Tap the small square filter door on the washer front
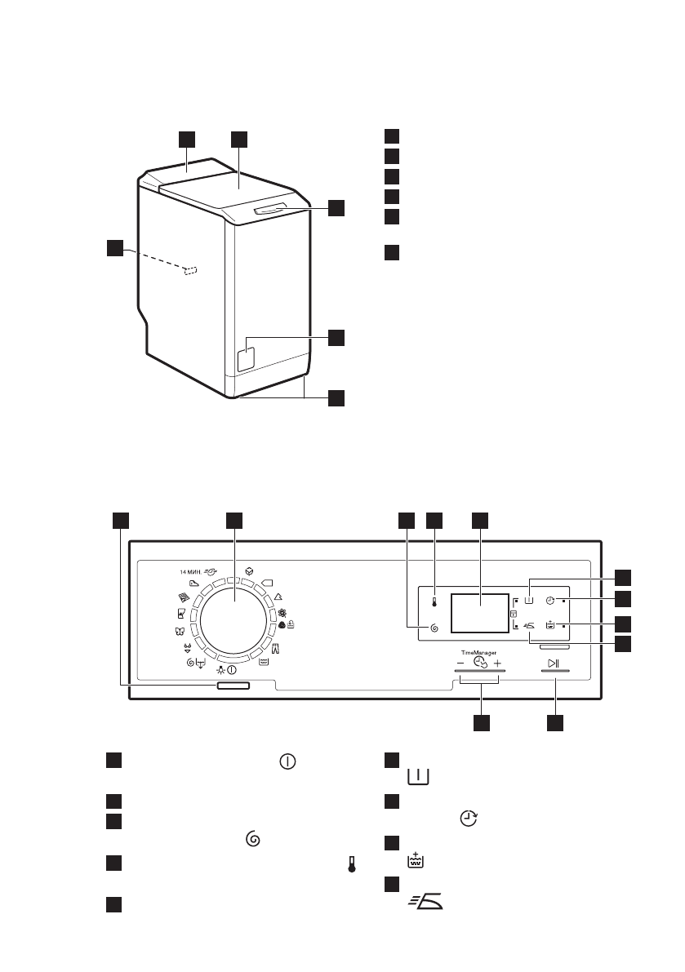245,357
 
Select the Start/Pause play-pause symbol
554,663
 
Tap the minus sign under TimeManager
460,664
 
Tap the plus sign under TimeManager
497,664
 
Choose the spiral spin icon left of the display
434,628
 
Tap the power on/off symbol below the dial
233,670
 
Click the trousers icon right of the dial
275,648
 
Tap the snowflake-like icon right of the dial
283,614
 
